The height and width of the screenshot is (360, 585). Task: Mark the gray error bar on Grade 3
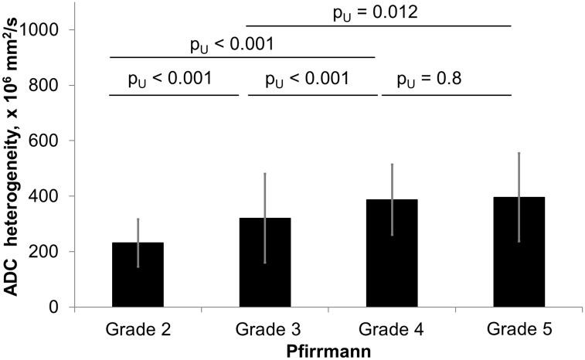point(264,193)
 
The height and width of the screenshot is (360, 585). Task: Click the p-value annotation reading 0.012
point(381,12)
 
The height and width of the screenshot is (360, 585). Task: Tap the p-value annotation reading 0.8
point(429,79)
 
